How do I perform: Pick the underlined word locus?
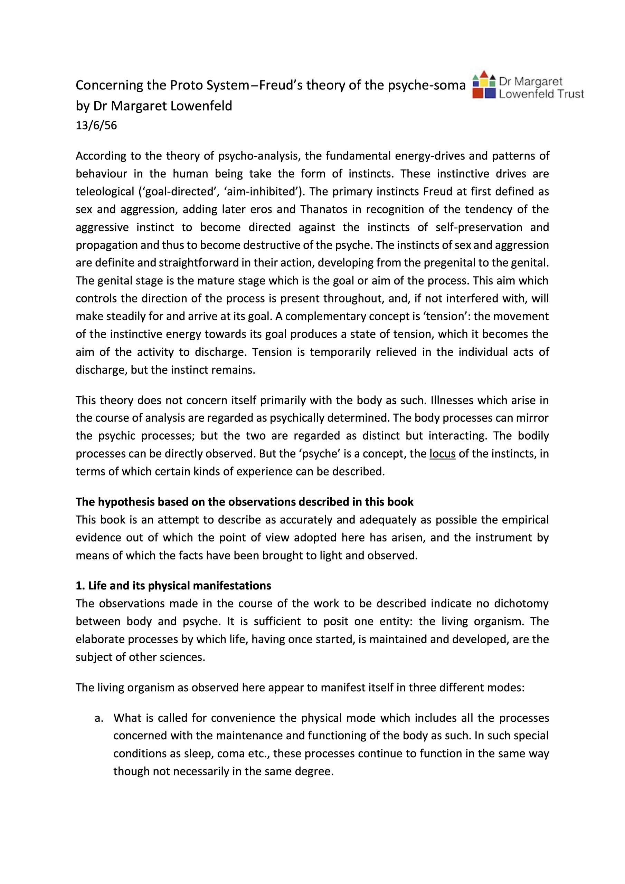click(x=442, y=454)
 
